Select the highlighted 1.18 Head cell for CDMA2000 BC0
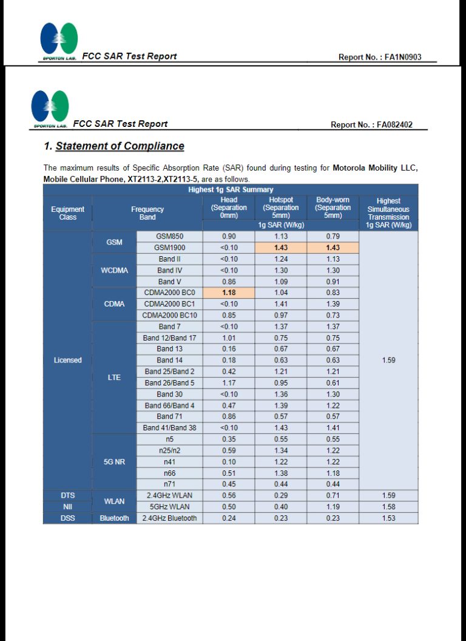coord(229,293)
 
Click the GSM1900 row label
coord(169,248)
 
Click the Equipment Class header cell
coord(67,213)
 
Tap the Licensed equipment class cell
coord(67,360)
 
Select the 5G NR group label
coord(114,461)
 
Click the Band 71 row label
coord(169,416)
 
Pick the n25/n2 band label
coord(169,450)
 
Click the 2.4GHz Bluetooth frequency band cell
coord(169,518)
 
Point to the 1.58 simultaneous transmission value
coord(388,507)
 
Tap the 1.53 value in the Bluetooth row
coord(388,518)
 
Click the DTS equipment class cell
coord(67,495)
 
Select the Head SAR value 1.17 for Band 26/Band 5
coord(229,383)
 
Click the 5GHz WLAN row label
coord(169,507)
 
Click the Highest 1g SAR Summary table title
coord(231,189)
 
